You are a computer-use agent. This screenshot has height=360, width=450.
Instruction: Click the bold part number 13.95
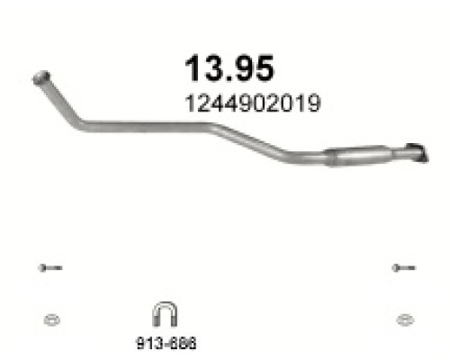(x=228, y=68)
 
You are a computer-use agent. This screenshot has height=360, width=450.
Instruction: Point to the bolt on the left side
(x=50, y=267)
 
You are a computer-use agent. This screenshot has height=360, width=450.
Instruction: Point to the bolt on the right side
(x=403, y=267)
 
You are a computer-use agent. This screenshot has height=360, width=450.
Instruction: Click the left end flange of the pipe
(x=40, y=77)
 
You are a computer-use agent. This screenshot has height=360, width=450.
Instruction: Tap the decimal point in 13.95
(x=227, y=78)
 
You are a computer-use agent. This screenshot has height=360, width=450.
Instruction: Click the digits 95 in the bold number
(x=252, y=68)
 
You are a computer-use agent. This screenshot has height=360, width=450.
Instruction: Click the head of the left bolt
(x=42, y=267)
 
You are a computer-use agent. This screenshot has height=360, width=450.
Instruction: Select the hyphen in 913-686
(x=167, y=343)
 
